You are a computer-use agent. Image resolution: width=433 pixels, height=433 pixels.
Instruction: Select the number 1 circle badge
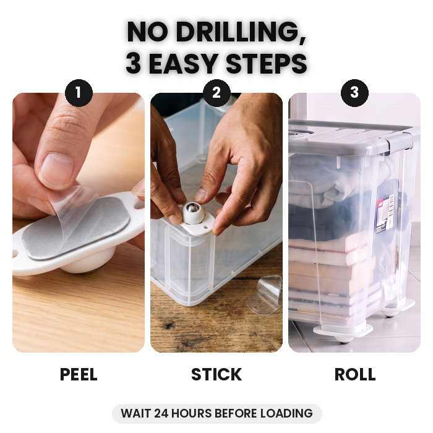coord(79,93)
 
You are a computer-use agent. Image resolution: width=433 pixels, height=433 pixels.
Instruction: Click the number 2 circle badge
coord(216,93)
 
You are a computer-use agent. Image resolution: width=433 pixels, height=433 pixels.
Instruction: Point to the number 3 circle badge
coord(354,93)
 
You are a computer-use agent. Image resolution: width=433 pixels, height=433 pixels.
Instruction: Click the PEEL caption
coord(79,374)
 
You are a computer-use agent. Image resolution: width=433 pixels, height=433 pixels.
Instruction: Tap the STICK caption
coord(216,374)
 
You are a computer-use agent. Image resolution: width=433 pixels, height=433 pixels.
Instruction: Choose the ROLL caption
coord(355,374)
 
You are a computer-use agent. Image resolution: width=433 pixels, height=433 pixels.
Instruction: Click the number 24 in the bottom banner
coord(161,413)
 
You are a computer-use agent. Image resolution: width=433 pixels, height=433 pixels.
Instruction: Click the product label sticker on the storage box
coord(385,213)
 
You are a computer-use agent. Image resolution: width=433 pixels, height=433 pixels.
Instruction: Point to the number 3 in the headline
coord(134,64)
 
